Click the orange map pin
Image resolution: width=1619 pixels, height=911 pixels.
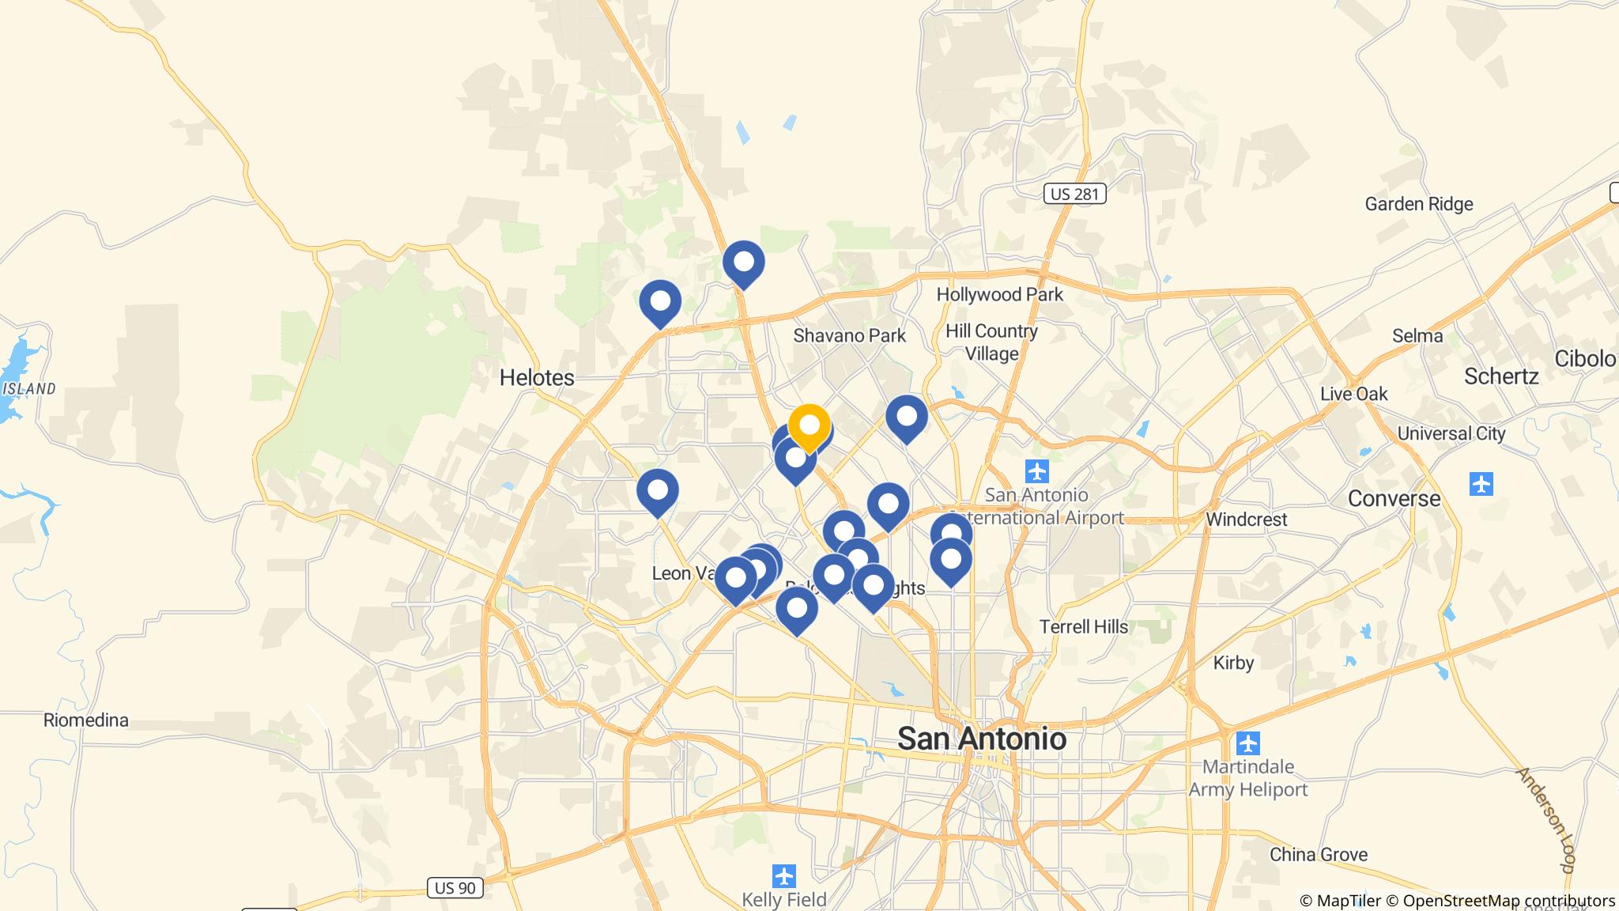809,426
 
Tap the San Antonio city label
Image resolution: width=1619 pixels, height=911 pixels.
982,739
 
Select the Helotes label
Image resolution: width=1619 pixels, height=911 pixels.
537,377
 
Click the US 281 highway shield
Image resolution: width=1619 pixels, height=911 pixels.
1074,194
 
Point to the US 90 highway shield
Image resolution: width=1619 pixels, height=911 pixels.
455,888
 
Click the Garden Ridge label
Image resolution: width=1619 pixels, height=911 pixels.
1419,204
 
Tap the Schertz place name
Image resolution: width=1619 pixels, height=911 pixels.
1501,376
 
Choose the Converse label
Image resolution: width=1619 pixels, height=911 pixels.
1394,498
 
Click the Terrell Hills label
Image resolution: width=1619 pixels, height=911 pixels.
1084,626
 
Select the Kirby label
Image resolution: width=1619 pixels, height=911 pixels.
1233,662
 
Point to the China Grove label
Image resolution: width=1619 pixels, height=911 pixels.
1319,854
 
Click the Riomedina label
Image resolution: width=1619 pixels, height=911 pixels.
86,720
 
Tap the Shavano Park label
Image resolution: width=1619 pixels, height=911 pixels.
849,335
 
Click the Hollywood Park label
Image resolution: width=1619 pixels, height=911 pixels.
999,294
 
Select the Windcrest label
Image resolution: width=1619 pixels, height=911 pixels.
1247,519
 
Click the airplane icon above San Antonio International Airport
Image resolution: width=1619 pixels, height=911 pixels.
1036,472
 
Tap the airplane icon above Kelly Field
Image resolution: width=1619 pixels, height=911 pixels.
783,876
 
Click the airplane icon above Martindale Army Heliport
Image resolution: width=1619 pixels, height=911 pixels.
1247,744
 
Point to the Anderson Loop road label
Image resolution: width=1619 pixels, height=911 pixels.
1545,819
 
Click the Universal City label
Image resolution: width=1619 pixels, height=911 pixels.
1451,433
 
